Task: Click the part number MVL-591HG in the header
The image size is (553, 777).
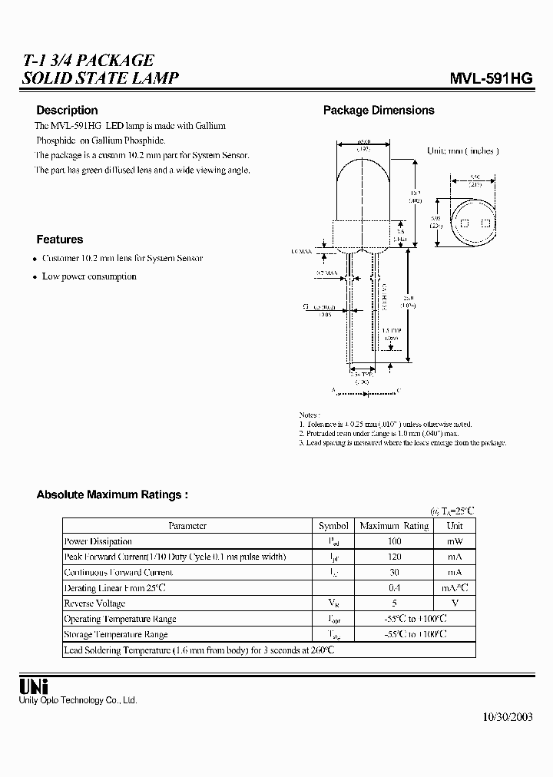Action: (x=490, y=78)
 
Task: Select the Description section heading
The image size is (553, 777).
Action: (x=67, y=111)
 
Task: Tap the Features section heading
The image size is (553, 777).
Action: (x=59, y=240)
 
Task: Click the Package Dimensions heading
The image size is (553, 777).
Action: (x=379, y=111)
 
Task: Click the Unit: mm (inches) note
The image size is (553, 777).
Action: (x=462, y=151)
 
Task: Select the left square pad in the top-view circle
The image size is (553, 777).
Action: (x=465, y=223)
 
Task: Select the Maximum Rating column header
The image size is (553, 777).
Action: (x=394, y=526)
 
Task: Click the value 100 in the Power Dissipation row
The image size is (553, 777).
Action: (x=394, y=541)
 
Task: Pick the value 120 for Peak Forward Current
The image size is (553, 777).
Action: (x=394, y=557)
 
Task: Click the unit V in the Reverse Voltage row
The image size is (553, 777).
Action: (x=455, y=603)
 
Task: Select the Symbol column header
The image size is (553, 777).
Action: (x=333, y=526)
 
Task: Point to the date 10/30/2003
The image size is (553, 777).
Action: (x=507, y=717)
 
